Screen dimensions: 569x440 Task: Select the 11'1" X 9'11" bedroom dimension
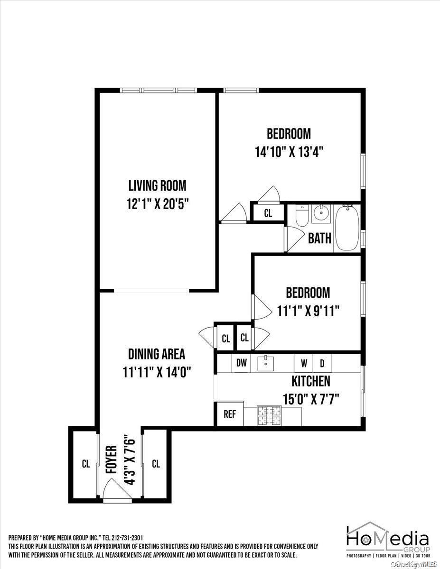click(309, 311)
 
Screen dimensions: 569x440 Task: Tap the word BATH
click(320, 238)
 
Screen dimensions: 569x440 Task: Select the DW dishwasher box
click(242, 364)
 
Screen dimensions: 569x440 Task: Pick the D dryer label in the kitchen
click(322, 364)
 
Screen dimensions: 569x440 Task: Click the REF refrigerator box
click(230, 414)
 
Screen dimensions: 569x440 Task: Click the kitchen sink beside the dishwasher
click(266, 363)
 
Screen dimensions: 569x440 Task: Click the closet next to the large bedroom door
click(268, 213)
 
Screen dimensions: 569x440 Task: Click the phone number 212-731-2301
click(127, 538)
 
